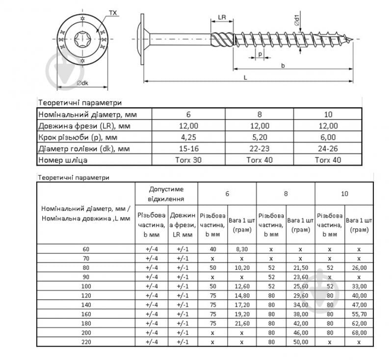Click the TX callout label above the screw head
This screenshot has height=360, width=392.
[x=113, y=13]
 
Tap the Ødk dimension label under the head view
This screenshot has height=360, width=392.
[x=82, y=83]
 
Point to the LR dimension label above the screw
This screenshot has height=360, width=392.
[x=222, y=17]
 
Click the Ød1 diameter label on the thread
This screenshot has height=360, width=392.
[x=297, y=20]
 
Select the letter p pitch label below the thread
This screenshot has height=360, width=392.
[x=260, y=54]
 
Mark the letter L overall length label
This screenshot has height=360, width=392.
[x=245, y=78]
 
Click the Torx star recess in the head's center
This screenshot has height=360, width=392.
[x=82, y=39]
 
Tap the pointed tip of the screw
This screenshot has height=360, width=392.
[x=352, y=39]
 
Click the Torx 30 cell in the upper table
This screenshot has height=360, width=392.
[x=188, y=160]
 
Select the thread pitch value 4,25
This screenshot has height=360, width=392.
[x=188, y=137]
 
